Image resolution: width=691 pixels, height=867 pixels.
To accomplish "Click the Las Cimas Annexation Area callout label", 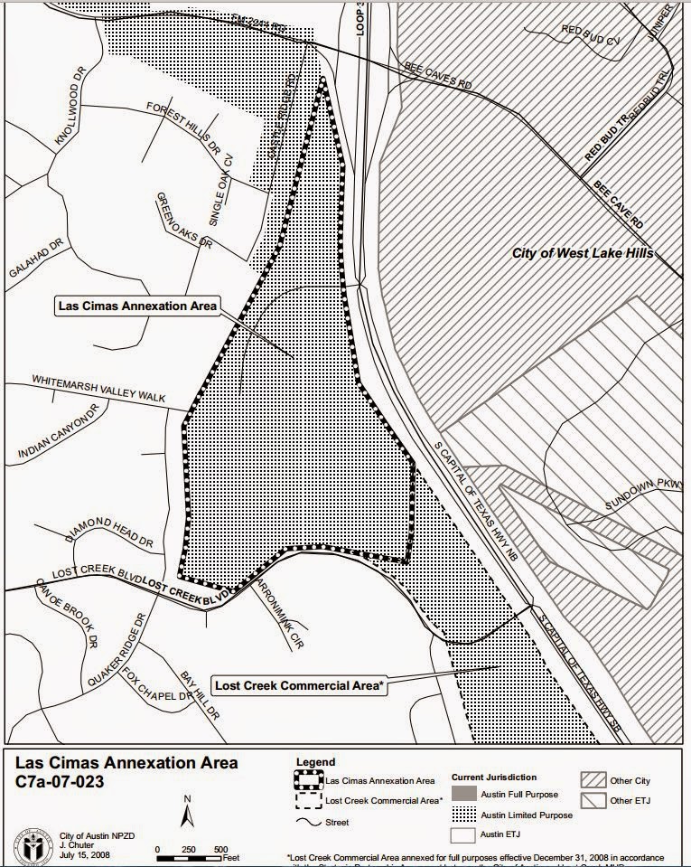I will click(137, 306).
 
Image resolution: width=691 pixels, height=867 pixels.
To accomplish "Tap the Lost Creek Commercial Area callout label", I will click(298, 684).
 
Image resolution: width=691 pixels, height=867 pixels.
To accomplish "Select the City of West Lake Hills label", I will click(583, 254).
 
